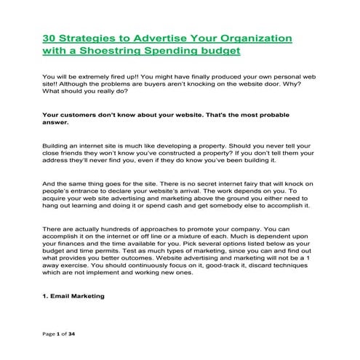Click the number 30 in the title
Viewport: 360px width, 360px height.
[49, 37]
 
